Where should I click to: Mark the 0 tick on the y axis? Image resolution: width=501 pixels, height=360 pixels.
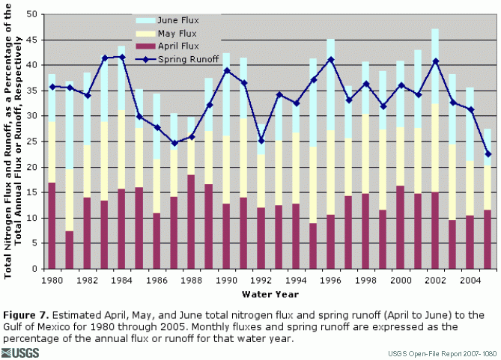coord(34,269)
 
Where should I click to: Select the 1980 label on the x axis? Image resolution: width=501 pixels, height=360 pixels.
coord(52,278)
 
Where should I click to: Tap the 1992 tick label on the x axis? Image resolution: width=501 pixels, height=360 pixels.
coord(261,278)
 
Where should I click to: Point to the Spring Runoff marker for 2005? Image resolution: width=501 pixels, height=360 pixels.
coord(488,154)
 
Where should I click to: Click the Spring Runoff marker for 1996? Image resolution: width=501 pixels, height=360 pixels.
coord(331,60)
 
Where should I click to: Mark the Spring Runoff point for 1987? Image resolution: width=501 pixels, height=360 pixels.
coord(174,143)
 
